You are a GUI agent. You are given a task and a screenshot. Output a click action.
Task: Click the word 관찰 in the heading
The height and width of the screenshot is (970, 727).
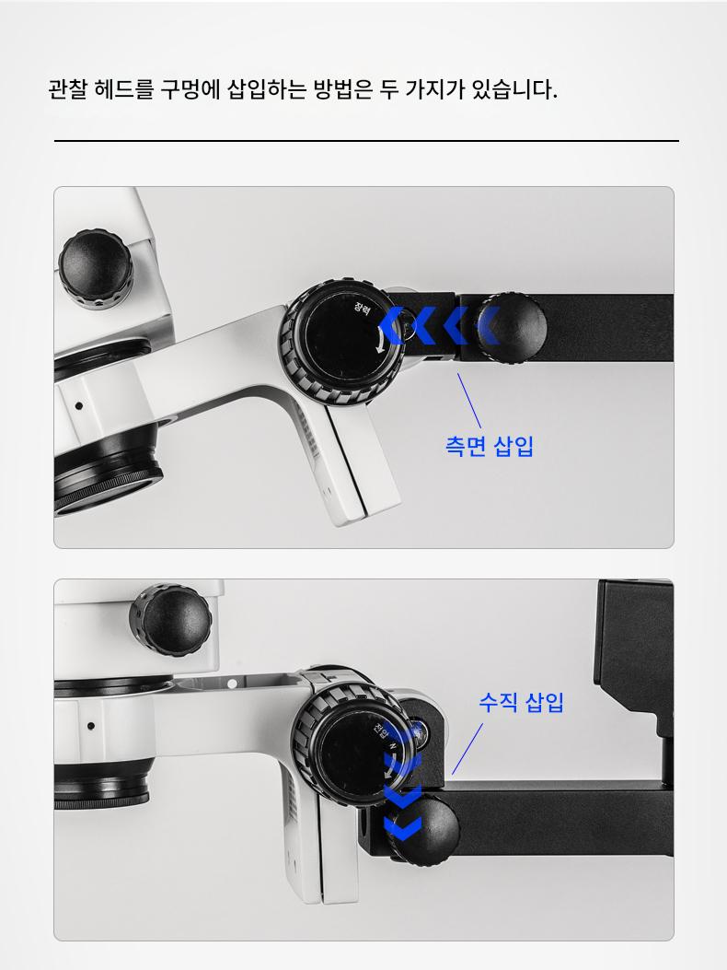click(68, 89)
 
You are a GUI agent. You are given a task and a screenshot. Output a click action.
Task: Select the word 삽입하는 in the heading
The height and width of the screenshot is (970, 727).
click(267, 89)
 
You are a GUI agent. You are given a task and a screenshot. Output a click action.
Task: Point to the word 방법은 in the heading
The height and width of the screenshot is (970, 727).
click(343, 89)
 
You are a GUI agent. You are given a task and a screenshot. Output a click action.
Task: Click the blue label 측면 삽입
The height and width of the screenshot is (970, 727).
click(489, 446)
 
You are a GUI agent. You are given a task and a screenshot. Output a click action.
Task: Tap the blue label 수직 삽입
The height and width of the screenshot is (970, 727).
click(521, 702)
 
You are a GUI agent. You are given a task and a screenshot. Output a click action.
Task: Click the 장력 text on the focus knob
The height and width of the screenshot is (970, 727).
click(363, 308)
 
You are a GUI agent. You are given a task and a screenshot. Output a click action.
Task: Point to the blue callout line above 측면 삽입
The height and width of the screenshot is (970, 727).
click(469, 400)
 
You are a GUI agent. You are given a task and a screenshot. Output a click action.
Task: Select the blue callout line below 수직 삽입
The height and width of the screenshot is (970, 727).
click(467, 749)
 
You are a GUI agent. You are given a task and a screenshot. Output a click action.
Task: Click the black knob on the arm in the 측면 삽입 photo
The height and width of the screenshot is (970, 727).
click(512, 327)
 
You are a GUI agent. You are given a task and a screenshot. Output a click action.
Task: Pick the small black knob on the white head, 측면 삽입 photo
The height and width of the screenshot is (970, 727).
click(96, 268)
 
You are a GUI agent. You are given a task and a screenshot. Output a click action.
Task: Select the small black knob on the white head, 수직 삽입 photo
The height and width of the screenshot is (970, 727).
click(170, 620)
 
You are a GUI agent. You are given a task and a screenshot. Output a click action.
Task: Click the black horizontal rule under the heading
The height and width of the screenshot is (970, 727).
click(366, 141)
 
